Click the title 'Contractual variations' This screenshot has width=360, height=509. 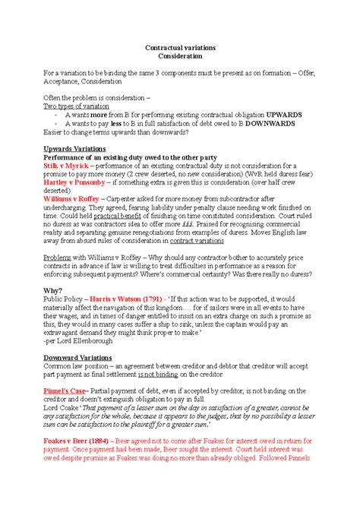[x=179, y=47]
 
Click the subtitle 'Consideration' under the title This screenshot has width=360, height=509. [x=179, y=56]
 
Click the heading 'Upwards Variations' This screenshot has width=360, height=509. [x=74, y=149]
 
